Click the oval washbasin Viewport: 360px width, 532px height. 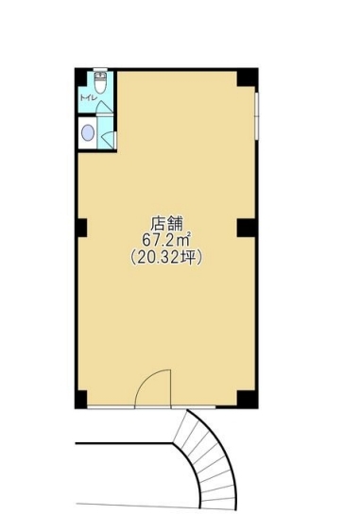(x=88, y=133)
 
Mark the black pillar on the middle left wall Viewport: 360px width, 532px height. (x=81, y=228)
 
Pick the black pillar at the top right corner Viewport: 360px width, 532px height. (x=248, y=76)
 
